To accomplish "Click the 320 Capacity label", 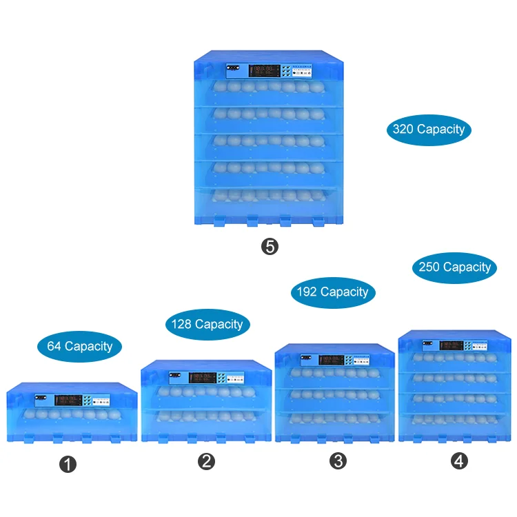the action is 429,129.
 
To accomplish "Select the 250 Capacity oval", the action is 454,267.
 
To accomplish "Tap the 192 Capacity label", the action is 333,292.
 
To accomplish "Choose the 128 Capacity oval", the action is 207,324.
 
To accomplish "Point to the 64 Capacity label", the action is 79,346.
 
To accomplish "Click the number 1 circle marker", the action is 67,465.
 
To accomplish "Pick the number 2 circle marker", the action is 207,462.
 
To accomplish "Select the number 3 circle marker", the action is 338,461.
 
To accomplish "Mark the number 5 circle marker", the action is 270,246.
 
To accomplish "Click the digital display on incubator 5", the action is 264,70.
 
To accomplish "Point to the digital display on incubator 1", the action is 68,399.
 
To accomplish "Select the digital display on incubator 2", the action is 203,377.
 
